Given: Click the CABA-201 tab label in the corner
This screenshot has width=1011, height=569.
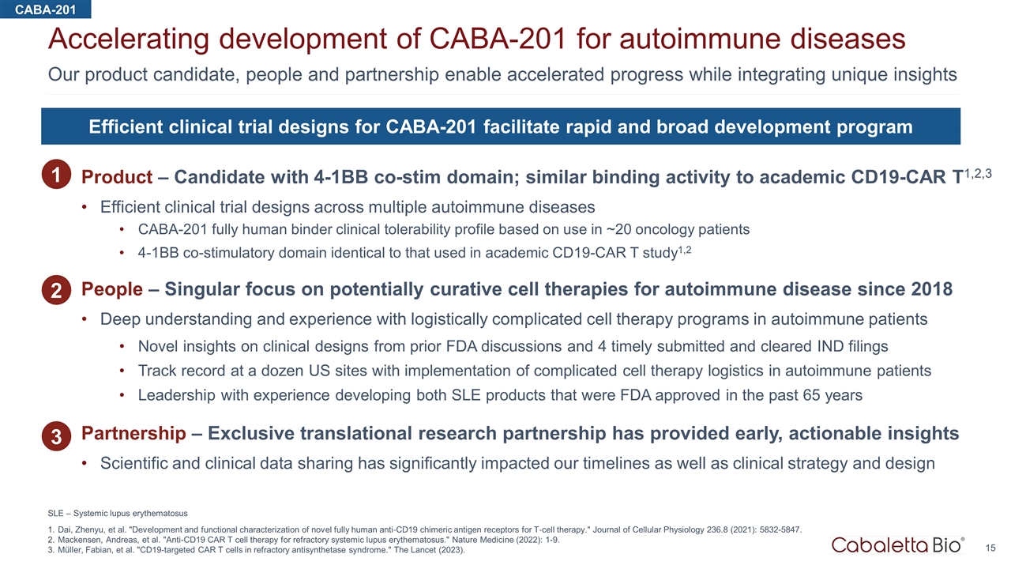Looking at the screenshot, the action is coord(45,9).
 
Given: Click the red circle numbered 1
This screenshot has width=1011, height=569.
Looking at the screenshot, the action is coord(56,175).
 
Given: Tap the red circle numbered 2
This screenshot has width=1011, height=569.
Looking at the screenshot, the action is coord(56,290).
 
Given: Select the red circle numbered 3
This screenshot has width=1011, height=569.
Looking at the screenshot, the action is coord(56,436).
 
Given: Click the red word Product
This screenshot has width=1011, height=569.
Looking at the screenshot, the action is coord(117,177).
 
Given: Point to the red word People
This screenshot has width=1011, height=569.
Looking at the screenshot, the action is coord(112,289).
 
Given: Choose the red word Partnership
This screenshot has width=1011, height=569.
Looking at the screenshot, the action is coord(133,434).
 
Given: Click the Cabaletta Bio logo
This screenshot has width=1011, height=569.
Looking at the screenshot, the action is coord(898,545).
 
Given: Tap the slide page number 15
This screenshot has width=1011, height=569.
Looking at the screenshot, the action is coord(990,548).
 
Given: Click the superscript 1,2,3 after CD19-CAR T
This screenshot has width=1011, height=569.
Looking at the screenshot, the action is coord(978,173).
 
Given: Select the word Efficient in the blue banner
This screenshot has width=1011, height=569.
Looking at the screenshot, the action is coord(126,127).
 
